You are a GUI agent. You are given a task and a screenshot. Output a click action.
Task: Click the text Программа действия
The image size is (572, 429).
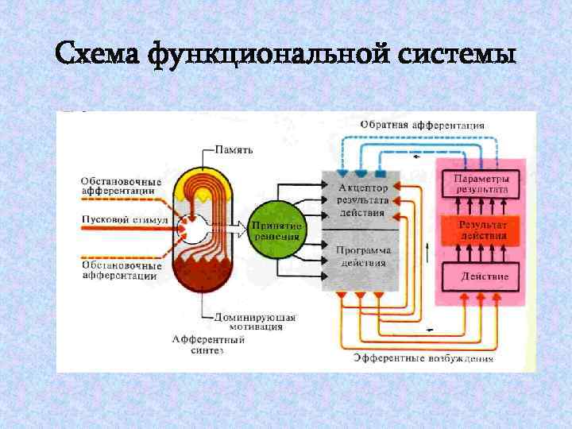(x=364, y=255)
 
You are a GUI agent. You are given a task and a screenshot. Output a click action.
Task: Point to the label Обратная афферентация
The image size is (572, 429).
(x=422, y=125)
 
